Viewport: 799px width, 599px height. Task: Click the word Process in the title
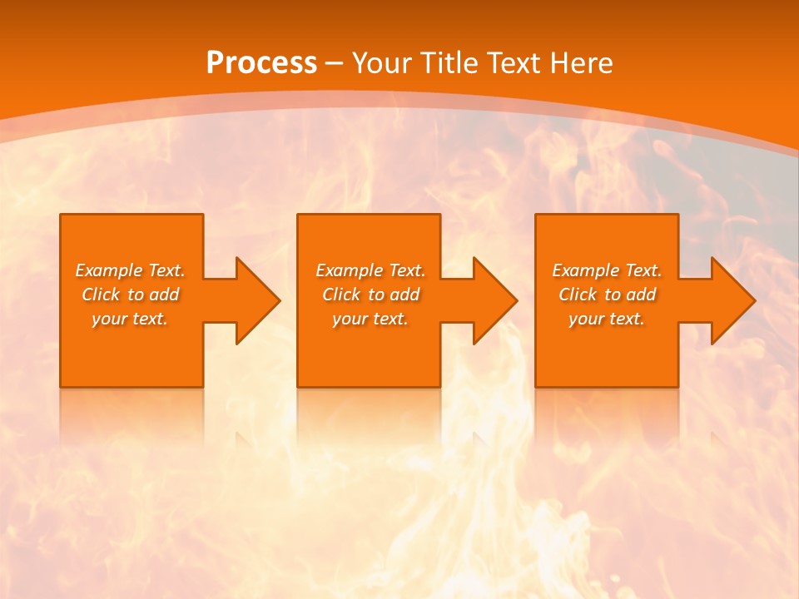[x=261, y=63]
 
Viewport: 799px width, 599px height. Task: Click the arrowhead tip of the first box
[x=279, y=300]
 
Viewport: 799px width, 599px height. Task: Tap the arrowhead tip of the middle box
[x=516, y=300]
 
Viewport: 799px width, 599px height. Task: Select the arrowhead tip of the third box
[x=754, y=300]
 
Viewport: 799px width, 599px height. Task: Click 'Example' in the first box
[x=109, y=270]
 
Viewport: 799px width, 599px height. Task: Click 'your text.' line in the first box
[x=130, y=319]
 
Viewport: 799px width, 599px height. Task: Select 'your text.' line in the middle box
[x=370, y=319]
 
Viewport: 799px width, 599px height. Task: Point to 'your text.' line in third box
[x=607, y=319]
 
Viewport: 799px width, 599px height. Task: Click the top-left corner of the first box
[x=61, y=215]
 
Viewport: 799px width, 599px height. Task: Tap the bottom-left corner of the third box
[x=536, y=386]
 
